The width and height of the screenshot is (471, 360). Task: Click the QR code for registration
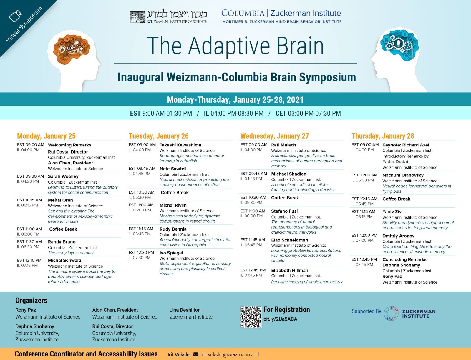(x=251, y=317)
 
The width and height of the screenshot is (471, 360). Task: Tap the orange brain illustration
(x=72, y=49)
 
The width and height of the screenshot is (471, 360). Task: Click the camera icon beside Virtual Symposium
(x=15, y=16)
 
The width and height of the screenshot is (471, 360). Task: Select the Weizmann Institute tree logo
(x=137, y=17)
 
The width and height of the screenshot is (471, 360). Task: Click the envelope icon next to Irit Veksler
(x=196, y=354)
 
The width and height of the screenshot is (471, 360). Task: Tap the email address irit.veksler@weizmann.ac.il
(x=230, y=354)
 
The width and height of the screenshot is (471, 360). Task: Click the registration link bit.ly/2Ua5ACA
(x=280, y=319)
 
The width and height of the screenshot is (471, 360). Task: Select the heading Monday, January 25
(x=46, y=136)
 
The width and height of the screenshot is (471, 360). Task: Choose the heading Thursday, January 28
(x=383, y=136)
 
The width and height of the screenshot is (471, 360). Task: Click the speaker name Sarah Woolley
(x=63, y=176)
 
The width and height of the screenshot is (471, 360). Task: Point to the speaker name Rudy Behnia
(x=173, y=229)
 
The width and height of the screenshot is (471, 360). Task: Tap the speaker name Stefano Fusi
(x=284, y=211)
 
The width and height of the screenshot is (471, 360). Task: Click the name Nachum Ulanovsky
(x=403, y=175)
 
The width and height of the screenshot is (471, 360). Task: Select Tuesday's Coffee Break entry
(x=175, y=193)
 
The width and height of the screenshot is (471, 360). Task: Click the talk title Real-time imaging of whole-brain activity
(x=307, y=282)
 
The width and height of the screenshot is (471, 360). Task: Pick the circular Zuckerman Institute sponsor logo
(x=391, y=314)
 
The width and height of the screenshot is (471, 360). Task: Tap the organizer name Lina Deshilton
(x=185, y=310)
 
